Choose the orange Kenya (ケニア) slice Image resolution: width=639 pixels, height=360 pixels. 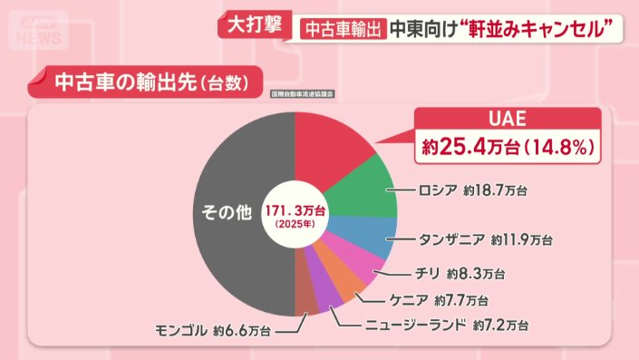(346, 285)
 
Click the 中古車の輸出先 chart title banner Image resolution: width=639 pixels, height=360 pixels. (150, 83)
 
